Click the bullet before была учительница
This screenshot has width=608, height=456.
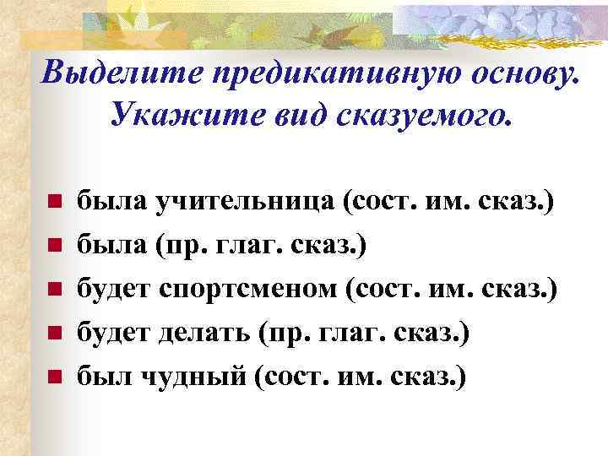52,204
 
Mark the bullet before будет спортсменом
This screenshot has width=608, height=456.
52,290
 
